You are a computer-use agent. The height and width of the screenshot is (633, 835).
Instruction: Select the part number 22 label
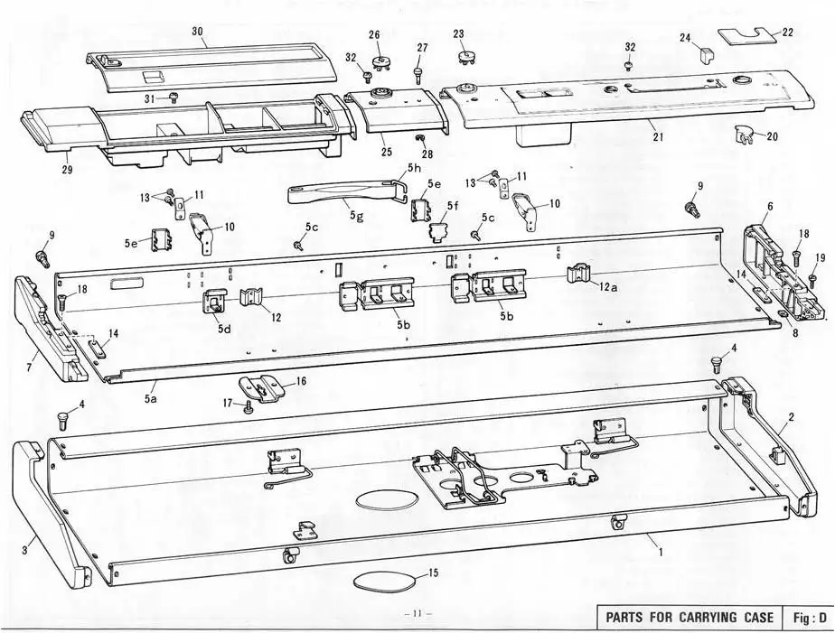788,32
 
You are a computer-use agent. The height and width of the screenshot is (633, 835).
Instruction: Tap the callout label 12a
608,286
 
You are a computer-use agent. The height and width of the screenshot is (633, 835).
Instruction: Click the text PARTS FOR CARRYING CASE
690,619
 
